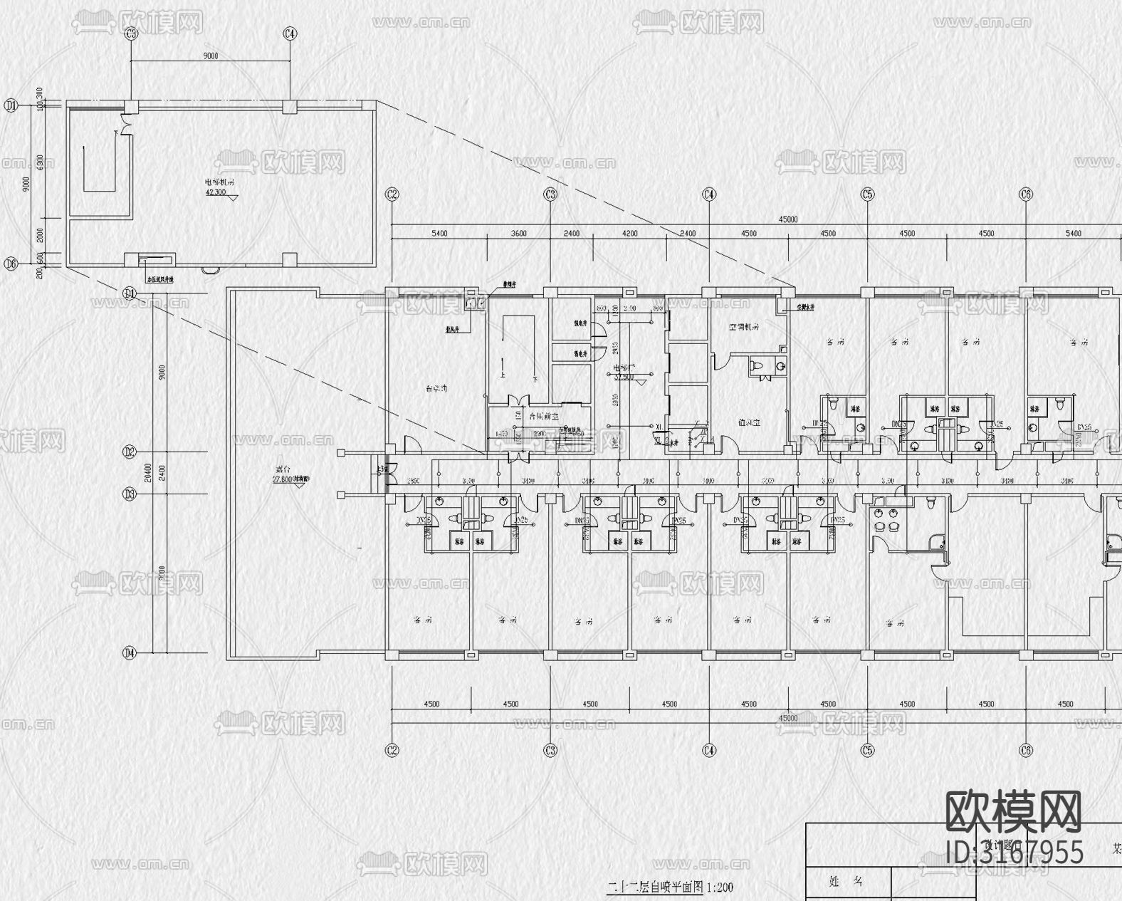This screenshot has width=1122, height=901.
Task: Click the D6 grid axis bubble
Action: (x=10, y=264)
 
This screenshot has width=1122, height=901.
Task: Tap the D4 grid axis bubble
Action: (x=129, y=652)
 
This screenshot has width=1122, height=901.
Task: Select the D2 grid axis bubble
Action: (x=129, y=452)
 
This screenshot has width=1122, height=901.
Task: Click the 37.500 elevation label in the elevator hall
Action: (x=624, y=377)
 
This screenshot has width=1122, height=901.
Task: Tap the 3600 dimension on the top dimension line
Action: (x=518, y=233)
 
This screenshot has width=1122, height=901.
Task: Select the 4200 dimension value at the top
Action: (x=629, y=233)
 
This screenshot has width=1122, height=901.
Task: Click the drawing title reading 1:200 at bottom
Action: (x=669, y=887)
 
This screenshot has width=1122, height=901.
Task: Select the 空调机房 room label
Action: (x=743, y=328)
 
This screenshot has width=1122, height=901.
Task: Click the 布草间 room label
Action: (x=436, y=389)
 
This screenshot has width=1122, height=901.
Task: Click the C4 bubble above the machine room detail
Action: (x=290, y=33)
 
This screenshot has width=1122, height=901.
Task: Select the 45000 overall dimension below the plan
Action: (x=787, y=718)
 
